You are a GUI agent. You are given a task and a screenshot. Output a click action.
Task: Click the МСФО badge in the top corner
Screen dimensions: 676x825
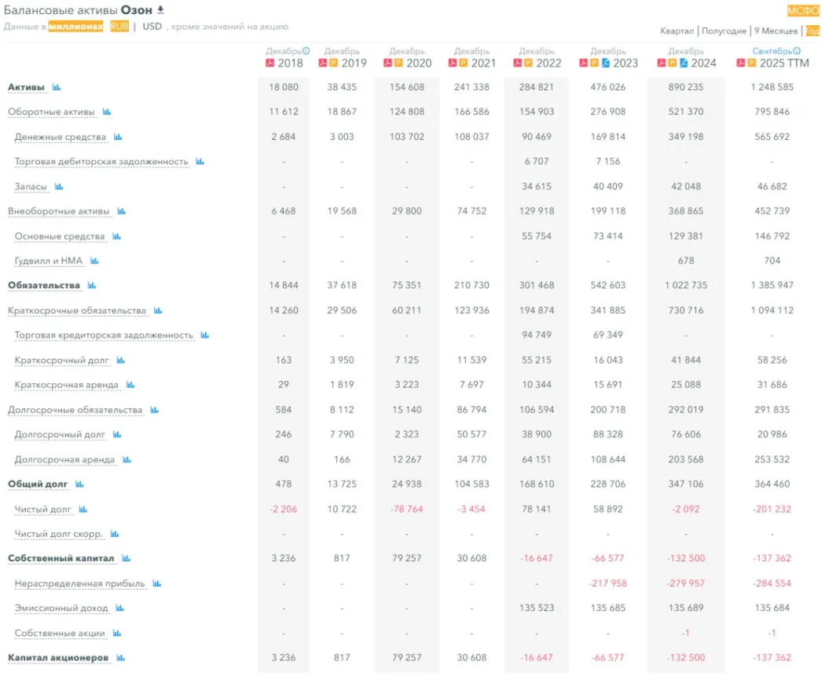[x=803, y=11]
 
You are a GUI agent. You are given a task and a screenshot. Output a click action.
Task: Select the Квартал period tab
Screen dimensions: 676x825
[x=677, y=31]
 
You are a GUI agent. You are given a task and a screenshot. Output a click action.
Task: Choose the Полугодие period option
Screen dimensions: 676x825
[x=724, y=31]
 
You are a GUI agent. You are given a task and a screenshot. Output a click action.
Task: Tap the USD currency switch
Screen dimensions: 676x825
[x=152, y=26]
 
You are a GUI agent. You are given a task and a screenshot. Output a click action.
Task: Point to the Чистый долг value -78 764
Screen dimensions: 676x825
[x=406, y=510]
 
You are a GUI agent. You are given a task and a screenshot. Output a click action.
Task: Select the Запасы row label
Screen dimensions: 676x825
[x=31, y=187]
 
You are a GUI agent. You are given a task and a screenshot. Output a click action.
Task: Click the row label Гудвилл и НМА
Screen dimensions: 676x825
[x=50, y=261]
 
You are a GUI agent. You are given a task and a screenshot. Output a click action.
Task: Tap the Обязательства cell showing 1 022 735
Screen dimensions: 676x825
[x=686, y=285]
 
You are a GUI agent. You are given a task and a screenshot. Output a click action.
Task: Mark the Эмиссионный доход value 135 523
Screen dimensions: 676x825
[x=537, y=608]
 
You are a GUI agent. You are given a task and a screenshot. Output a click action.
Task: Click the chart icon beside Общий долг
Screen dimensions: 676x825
[x=79, y=484]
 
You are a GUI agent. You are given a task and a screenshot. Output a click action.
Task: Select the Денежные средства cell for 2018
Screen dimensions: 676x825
[x=284, y=137]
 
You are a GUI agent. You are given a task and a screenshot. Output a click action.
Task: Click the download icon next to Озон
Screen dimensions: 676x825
[x=161, y=10]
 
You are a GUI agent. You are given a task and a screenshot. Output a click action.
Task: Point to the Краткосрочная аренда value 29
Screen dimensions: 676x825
[x=284, y=385]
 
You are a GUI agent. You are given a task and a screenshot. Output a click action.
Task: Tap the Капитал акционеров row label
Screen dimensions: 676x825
[x=58, y=658]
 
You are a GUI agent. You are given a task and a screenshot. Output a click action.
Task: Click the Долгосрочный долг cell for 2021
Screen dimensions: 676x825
[x=471, y=434]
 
